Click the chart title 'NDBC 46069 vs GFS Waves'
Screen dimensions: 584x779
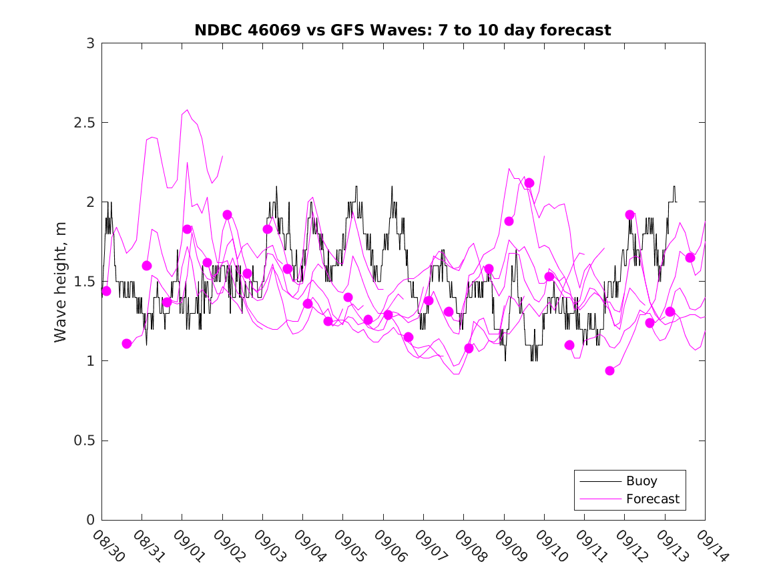coord(403,30)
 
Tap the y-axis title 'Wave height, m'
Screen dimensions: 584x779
coord(61,281)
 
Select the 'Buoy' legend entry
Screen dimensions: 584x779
coord(641,481)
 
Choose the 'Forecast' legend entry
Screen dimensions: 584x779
coord(652,499)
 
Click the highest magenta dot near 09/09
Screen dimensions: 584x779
coord(529,183)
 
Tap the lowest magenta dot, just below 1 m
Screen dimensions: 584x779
coord(609,370)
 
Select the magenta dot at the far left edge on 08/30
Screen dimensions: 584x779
coord(106,291)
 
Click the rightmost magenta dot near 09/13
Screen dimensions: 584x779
coord(690,258)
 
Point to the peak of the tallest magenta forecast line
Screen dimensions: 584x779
coord(187,110)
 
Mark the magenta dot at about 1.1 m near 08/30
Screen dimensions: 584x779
coord(127,344)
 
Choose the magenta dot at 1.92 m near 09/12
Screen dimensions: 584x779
coord(629,215)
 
